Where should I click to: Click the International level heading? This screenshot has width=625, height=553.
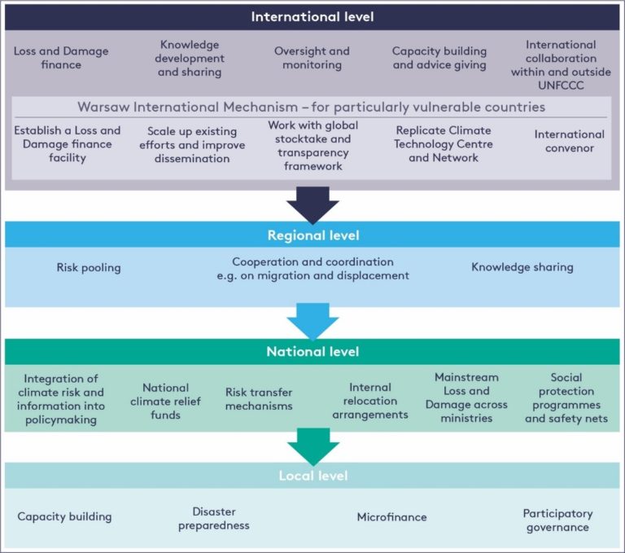(312, 17)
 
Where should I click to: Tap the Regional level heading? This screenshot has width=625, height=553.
(313, 235)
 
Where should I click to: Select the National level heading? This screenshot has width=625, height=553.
(312, 352)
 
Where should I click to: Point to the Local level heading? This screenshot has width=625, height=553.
(313, 476)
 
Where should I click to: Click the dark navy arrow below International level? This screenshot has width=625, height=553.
(312, 204)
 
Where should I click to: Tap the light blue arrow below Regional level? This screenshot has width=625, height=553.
(312, 321)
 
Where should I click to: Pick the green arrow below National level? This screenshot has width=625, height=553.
(313, 446)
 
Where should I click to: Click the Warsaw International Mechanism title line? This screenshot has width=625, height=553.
(312, 107)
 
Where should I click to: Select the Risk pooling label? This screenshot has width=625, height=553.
(89, 267)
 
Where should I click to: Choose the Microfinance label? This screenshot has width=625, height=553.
(391, 517)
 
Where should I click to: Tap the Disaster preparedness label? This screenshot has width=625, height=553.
(214, 519)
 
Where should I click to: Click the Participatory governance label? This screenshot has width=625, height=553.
(557, 520)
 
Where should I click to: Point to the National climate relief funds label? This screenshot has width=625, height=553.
(165, 402)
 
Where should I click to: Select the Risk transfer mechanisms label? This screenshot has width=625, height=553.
(259, 399)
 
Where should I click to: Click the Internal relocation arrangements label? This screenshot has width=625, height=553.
(370, 401)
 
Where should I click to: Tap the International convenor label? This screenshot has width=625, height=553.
(570, 141)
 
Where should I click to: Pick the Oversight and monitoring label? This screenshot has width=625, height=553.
(312, 58)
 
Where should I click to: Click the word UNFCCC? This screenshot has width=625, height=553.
(561, 86)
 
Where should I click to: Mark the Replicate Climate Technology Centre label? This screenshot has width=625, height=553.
(444, 144)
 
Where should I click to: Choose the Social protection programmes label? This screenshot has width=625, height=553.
(566, 397)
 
